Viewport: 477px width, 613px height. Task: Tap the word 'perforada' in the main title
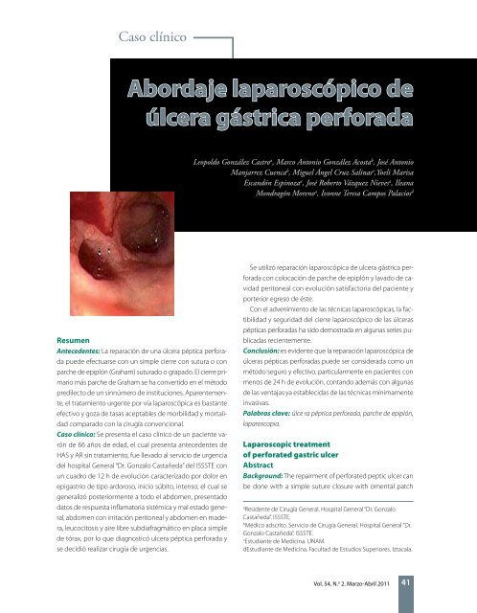tap(344, 119)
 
